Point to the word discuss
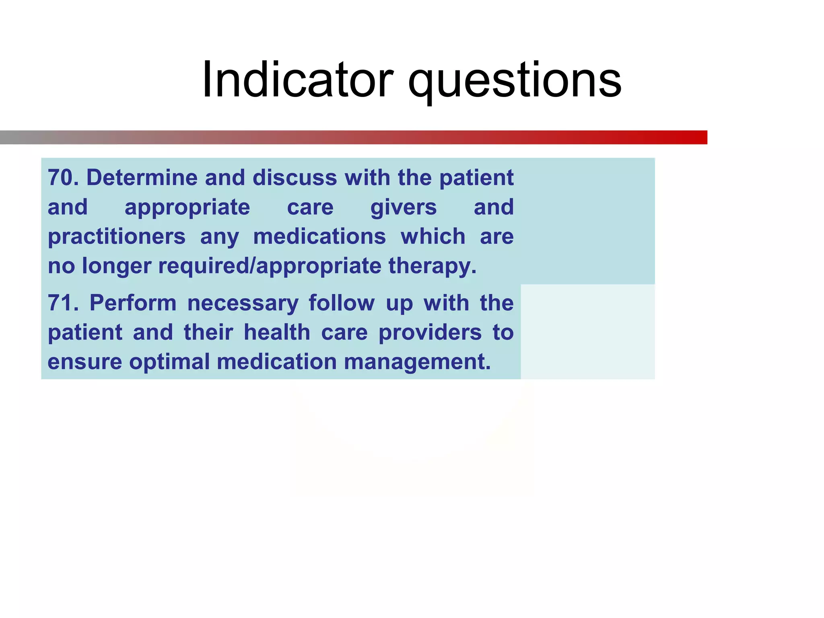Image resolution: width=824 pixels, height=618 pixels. pos(295,177)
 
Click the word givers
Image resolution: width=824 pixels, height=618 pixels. pos(403,208)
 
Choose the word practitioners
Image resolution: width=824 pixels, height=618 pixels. pos(117,237)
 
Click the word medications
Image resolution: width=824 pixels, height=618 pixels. pos(319,236)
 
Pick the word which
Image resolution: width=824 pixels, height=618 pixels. pos(433,236)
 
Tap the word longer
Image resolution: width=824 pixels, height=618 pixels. pos(117,266)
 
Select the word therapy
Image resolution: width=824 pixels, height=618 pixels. pos(432,266)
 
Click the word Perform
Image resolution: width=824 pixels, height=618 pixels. pos(133,303)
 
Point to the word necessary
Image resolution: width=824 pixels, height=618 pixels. pos(243,303)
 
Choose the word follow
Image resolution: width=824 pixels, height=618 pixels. pos(341,303)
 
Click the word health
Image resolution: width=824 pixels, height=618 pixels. pos(277,332)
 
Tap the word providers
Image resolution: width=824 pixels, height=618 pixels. pos(430,332)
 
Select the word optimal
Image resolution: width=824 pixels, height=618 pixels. pos(169,362)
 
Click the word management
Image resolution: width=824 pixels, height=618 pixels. pos(417,362)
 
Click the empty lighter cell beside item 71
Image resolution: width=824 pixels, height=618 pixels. pos(587,332)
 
